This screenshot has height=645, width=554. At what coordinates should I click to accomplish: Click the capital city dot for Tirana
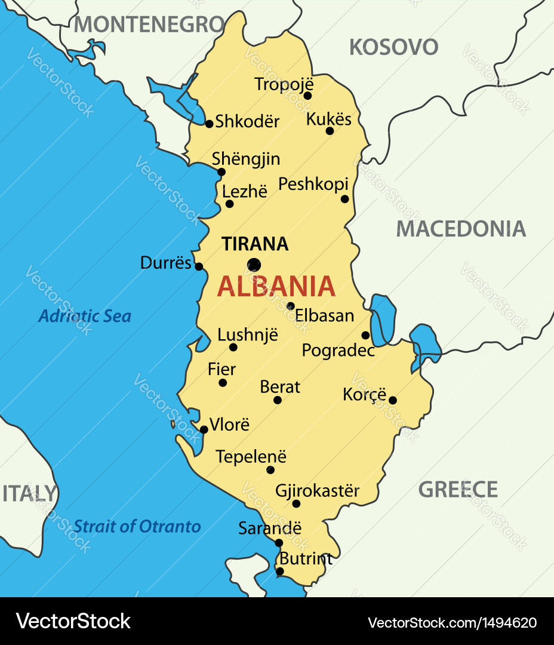254,265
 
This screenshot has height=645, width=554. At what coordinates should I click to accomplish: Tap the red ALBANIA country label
276,287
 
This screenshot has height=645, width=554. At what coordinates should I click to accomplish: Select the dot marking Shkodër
209,124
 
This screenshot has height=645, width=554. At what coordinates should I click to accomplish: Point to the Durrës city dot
199,266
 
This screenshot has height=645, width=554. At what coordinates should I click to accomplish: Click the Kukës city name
328,119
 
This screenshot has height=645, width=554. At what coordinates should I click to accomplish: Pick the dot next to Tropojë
307,96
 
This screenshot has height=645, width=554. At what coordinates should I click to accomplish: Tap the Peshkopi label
313,184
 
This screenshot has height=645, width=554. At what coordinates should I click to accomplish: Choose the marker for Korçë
392,400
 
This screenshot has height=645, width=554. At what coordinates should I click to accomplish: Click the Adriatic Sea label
84,316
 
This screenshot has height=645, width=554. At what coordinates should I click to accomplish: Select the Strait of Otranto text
137,526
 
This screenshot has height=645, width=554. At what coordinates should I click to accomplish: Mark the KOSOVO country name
393,47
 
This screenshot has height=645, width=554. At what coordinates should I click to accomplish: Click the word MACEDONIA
461,229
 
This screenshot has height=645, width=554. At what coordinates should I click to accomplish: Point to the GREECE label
458,490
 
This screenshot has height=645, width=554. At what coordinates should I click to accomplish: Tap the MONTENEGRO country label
149,24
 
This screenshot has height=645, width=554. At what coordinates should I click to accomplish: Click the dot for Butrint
279,572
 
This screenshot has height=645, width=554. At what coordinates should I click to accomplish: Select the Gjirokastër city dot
296,503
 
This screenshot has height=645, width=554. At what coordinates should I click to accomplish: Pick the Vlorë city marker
204,429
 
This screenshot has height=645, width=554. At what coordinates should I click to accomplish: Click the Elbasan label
325,315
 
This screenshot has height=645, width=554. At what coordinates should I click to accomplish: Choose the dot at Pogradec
365,335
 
